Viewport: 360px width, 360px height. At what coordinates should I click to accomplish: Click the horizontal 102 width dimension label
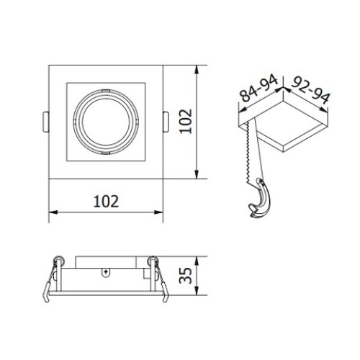106,202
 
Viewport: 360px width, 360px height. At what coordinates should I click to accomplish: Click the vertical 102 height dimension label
186,122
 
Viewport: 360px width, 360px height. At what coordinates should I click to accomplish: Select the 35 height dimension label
186,276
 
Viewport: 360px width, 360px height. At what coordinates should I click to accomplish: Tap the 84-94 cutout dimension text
259,89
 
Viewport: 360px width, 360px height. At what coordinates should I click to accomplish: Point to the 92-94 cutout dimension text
311,89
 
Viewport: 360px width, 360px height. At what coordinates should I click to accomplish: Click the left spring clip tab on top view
46,122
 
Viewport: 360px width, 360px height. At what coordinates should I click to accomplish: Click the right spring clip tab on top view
166,122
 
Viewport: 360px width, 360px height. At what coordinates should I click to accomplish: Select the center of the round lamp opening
106,122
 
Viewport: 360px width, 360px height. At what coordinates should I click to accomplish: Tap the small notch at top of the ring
106,91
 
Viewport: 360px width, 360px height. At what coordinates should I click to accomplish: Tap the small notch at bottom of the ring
106,153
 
